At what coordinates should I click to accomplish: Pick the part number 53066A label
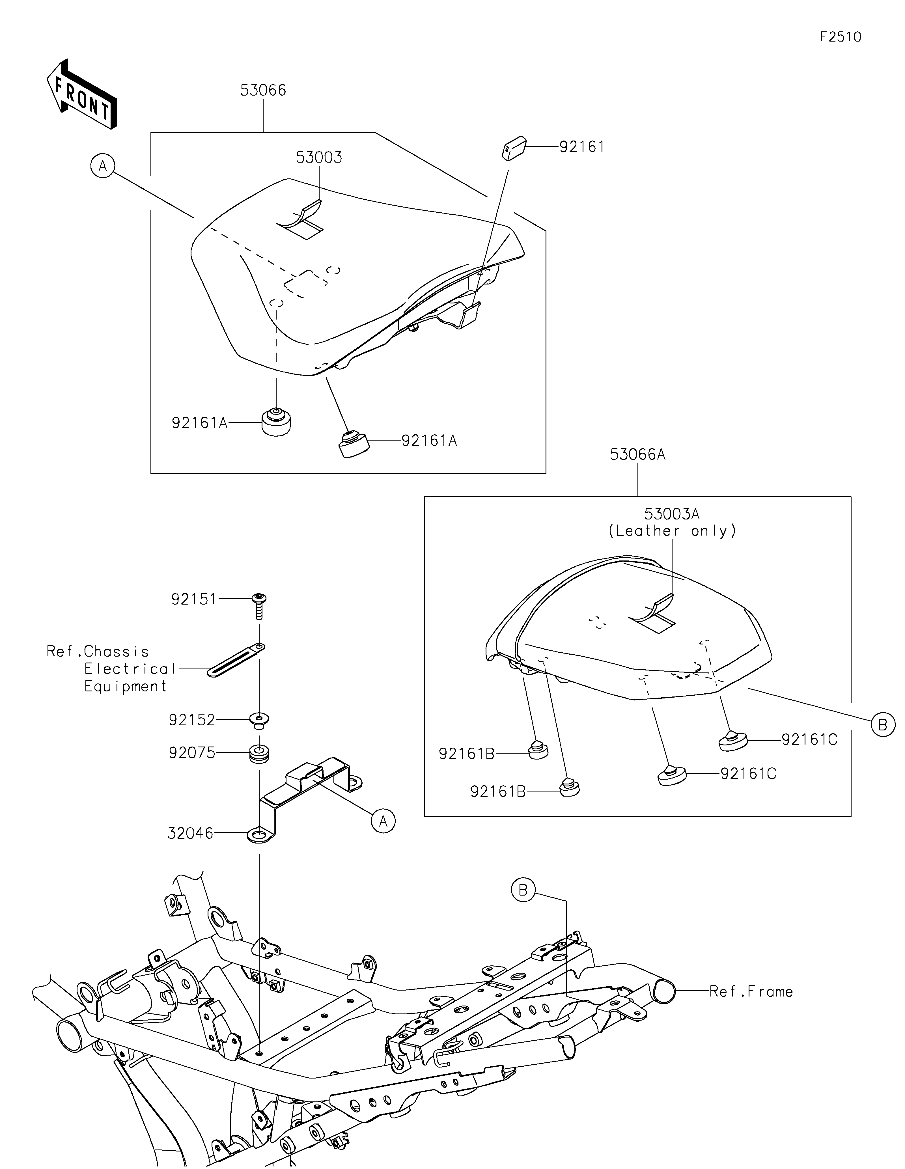point(637,454)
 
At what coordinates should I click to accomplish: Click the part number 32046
point(190,833)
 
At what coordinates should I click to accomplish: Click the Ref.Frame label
point(751,991)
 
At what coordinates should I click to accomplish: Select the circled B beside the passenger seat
point(883,725)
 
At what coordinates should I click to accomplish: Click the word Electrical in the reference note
point(130,668)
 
